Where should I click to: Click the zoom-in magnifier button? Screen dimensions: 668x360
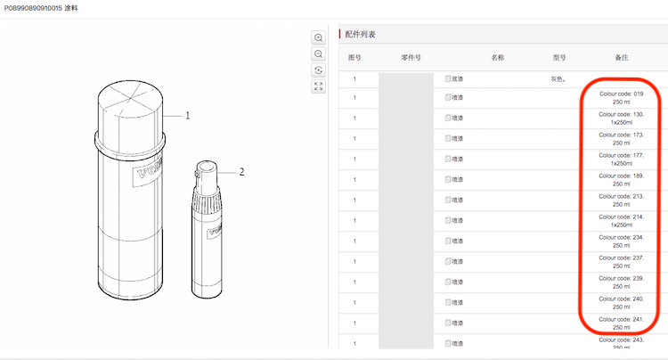(x=318, y=37)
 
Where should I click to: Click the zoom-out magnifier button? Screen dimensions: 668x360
(x=318, y=53)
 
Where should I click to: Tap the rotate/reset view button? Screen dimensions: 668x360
(x=318, y=70)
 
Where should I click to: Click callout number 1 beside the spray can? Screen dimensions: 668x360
(x=187, y=116)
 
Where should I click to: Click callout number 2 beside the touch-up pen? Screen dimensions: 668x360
(x=241, y=172)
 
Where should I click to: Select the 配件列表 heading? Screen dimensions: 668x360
(x=360, y=35)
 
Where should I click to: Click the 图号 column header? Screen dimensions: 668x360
(x=354, y=58)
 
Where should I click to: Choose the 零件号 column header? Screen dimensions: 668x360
(x=411, y=58)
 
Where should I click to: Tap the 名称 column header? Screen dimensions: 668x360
(x=498, y=58)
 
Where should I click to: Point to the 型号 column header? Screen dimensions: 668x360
(x=559, y=58)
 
